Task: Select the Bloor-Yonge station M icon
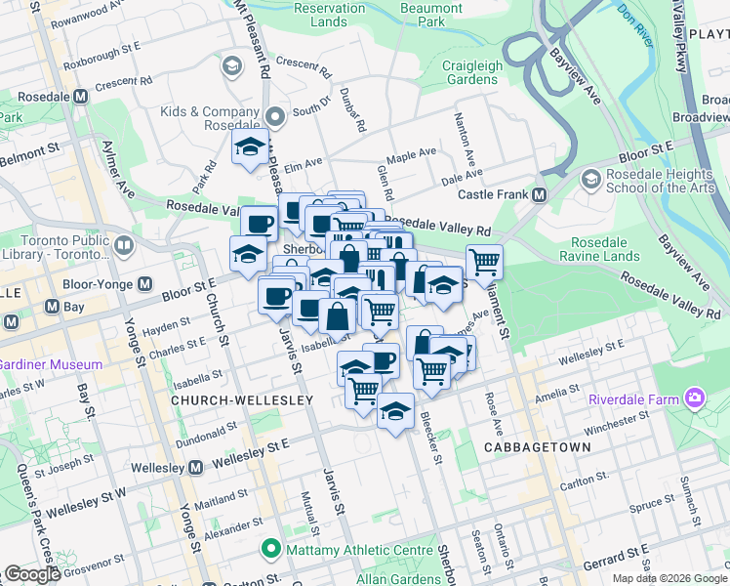click(145, 283)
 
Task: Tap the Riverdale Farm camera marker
click(694, 398)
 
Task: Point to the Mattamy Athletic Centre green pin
click(270, 550)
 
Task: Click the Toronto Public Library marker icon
click(123, 246)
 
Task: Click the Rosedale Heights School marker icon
click(589, 179)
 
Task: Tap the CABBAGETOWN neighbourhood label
click(537, 446)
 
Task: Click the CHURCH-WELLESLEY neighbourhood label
click(242, 400)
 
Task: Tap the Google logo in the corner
click(32, 574)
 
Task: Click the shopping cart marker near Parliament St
click(484, 261)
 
